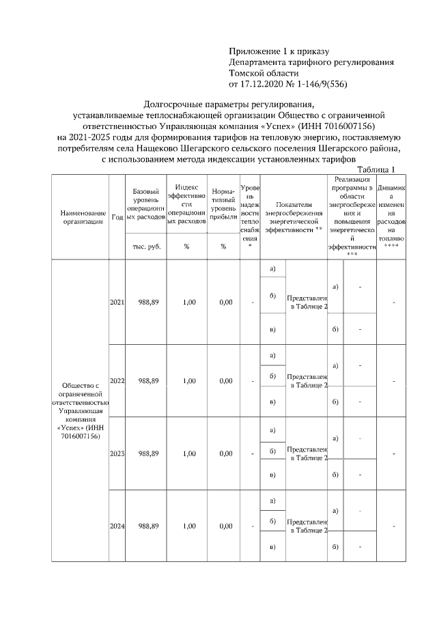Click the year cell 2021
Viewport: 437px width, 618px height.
(x=117, y=302)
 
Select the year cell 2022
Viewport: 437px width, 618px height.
(x=117, y=380)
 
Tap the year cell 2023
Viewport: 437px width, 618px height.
(x=117, y=453)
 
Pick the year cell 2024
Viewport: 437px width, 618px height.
(x=117, y=526)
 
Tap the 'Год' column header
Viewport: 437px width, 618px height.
(x=117, y=216)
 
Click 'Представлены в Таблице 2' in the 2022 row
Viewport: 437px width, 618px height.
(x=307, y=380)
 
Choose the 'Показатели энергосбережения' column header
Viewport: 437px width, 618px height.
(x=293, y=216)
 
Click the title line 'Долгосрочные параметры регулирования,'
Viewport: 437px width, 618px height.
(x=229, y=104)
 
